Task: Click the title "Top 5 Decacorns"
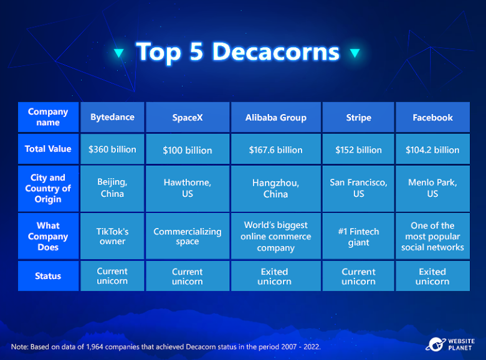tap(238, 52)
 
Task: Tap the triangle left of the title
tap(119, 53)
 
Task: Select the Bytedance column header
tap(112, 117)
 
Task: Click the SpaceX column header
tap(188, 117)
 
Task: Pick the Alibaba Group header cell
tap(276, 117)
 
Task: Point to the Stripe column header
tap(358, 117)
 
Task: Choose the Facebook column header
tap(432, 117)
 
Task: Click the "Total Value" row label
tap(48, 149)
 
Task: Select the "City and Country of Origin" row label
tap(48, 188)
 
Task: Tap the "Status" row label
tap(48, 276)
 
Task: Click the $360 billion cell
tap(112, 149)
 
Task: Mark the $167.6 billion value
tap(276, 150)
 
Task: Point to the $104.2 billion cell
tap(432, 149)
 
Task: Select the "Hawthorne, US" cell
tap(188, 188)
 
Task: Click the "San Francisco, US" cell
tap(358, 188)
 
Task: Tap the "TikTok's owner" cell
tap(112, 236)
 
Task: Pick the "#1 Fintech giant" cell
tap(358, 236)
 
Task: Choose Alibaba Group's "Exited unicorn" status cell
tap(276, 276)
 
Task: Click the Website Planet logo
tap(450, 344)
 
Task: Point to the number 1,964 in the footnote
tap(95, 347)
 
